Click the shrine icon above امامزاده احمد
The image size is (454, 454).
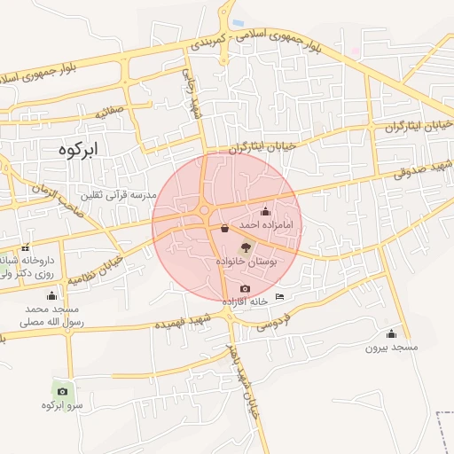[x=265, y=211]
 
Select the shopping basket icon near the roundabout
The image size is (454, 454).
[x=223, y=228]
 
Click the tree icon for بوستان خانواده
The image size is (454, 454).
[x=246, y=248]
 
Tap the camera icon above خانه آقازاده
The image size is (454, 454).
[x=245, y=289]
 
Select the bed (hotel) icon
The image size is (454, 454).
[x=280, y=296]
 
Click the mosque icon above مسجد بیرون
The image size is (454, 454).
[x=391, y=333]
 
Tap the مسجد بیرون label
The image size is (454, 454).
[x=391, y=347]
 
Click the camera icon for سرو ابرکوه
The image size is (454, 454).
[x=61, y=390]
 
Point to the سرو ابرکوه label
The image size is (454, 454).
[x=62, y=405]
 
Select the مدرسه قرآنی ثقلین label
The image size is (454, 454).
[x=118, y=194]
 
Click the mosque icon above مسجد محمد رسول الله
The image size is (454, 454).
[x=51, y=295]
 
